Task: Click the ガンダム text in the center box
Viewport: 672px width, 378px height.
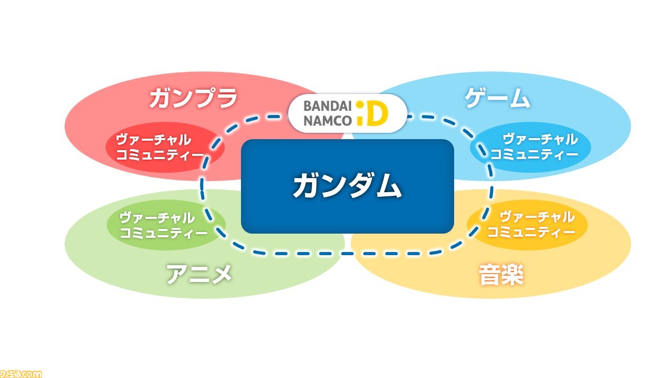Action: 347,185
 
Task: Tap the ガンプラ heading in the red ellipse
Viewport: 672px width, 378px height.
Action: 193,98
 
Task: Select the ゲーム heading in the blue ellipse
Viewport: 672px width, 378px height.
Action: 497,98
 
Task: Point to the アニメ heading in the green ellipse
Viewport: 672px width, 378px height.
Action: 199,274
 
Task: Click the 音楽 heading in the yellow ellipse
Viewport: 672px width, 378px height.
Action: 501,275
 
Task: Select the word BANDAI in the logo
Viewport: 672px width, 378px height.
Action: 328,106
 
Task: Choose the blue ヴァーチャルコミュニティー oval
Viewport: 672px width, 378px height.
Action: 530,147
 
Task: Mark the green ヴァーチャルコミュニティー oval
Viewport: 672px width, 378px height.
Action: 166,225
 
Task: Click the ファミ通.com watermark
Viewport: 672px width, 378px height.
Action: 21,373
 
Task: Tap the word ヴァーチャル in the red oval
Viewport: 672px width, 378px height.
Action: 153,140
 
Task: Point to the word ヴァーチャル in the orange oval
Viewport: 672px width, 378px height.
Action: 537,217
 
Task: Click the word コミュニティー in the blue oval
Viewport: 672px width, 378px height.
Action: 534,154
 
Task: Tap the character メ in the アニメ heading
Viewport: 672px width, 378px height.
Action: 221,274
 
